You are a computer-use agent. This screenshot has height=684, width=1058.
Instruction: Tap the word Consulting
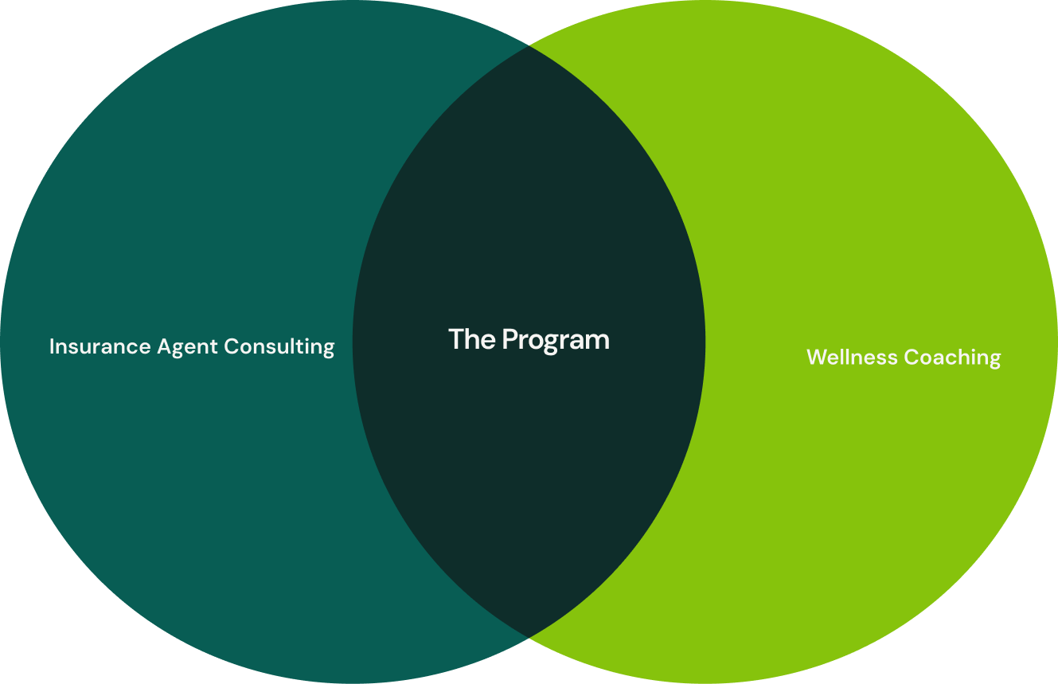click(x=279, y=346)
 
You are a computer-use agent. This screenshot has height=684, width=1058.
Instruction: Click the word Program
click(x=556, y=341)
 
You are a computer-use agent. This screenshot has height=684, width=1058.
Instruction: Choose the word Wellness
click(x=853, y=357)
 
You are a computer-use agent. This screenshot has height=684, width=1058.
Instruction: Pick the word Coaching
click(x=953, y=358)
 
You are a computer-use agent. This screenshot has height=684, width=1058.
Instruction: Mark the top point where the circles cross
click(x=529, y=46)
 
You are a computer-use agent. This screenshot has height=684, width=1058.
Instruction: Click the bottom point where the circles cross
click(x=529, y=637)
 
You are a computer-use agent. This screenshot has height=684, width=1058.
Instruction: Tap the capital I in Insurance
click(x=52, y=346)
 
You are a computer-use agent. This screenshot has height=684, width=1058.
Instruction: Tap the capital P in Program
click(x=509, y=339)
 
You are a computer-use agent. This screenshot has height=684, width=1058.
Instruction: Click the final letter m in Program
click(x=599, y=342)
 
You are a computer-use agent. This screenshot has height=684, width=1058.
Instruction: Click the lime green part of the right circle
click(x=876, y=199)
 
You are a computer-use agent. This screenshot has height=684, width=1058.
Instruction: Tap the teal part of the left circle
click(x=183, y=199)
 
